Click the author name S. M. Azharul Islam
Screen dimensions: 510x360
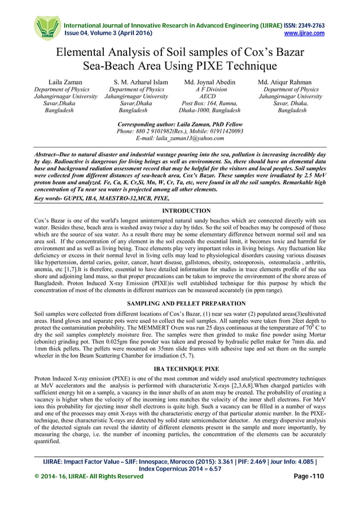[x=141, y=82]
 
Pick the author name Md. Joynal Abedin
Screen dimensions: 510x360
[x=209, y=82]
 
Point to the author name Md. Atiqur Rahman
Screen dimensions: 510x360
[x=289, y=82]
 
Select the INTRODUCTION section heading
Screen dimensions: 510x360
[x=180, y=210]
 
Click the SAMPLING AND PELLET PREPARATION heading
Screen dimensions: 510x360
[x=180, y=303]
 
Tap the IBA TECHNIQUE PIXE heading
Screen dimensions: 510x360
[x=180, y=369]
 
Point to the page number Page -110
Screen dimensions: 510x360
[x=309, y=477]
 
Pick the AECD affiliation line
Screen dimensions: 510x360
[x=209, y=97]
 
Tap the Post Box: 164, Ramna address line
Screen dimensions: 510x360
[x=209, y=104]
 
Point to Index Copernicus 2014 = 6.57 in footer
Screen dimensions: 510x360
[x=180, y=469]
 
